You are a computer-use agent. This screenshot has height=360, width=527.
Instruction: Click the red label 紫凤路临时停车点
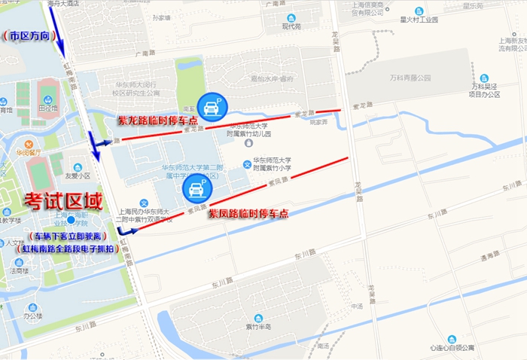pyautogui.click(x=248, y=214)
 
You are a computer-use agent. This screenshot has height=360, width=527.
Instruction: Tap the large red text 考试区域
pyautogui.click(x=63, y=201)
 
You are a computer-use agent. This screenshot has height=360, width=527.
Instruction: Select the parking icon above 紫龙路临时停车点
pyautogui.click(x=210, y=107)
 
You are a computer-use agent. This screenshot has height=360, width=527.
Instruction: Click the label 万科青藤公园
pyautogui.click(x=410, y=78)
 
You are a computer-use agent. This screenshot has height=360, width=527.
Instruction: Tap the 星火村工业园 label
pyautogui.click(x=419, y=20)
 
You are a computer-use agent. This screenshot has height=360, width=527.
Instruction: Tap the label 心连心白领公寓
pyautogui.click(x=452, y=348)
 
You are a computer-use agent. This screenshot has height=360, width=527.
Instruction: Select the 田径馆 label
pyautogui.click(x=49, y=108)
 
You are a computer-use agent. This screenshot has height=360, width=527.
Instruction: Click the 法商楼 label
pyautogui.click(x=19, y=270)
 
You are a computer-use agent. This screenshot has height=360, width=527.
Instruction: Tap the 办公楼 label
pyautogui.click(x=32, y=317)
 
